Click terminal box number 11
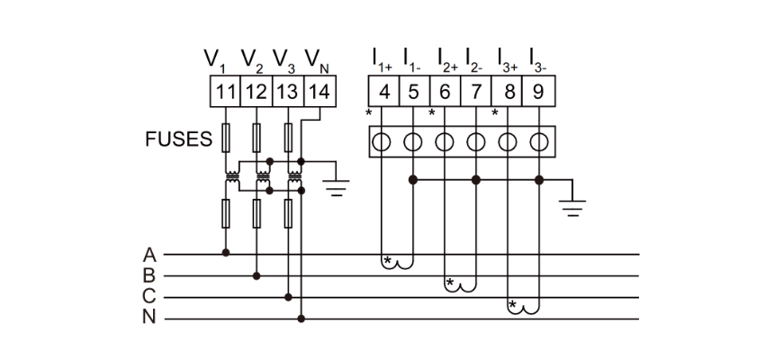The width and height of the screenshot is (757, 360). pyautogui.click(x=225, y=91)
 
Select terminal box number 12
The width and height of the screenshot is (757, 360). pyautogui.click(x=257, y=91)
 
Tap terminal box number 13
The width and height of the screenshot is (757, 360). pyautogui.click(x=287, y=91)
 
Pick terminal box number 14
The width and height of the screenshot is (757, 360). pyautogui.click(x=318, y=91)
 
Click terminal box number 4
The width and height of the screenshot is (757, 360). pyautogui.click(x=383, y=91)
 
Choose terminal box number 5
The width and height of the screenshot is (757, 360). pyautogui.click(x=413, y=91)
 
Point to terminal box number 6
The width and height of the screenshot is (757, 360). pyautogui.click(x=445, y=91)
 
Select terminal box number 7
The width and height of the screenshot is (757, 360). pyautogui.click(x=476, y=91)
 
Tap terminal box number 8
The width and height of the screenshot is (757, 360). pyautogui.click(x=509, y=91)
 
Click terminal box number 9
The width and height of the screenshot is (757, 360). pyautogui.click(x=538, y=91)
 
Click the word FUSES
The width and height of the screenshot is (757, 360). pyautogui.click(x=179, y=140)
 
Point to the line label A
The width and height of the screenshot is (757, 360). pyautogui.click(x=149, y=255)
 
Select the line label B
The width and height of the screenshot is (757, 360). pyautogui.click(x=149, y=275)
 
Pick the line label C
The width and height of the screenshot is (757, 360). pyautogui.click(x=149, y=297)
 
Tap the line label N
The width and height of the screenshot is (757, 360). pyautogui.click(x=149, y=318)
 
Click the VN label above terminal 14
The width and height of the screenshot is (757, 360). pyautogui.click(x=315, y=61)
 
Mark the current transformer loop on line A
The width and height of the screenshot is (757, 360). pyautogui.click(x=398, y=262)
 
